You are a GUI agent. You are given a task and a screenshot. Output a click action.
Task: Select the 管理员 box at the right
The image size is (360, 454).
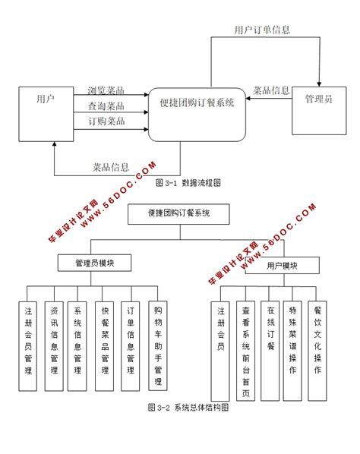(317, 100)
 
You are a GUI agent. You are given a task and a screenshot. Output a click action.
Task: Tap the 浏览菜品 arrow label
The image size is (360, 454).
(106, 91)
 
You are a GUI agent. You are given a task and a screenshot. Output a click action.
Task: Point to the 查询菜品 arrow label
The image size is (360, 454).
(106, 106)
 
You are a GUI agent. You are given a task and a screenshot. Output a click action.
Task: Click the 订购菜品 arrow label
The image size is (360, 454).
(106, 121)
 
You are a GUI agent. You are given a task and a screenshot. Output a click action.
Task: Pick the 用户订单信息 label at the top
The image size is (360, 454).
(261, 30)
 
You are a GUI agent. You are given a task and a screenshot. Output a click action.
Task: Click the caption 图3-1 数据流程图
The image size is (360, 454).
(188, 183)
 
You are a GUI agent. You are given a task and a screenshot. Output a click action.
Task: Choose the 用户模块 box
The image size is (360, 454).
(281, 266)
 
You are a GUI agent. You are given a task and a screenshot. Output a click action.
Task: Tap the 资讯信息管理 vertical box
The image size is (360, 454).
(53, 342)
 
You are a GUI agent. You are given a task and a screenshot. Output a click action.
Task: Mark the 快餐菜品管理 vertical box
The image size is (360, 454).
(105, 342)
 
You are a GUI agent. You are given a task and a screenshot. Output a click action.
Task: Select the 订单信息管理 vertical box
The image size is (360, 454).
(131, 342)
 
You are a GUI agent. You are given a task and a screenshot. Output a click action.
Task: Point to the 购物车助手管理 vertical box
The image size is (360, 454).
(158, 342)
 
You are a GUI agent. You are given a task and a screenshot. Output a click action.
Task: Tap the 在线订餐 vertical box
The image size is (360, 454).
(270, 342)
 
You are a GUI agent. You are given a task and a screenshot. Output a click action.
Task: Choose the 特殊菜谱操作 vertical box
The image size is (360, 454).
(294, 342)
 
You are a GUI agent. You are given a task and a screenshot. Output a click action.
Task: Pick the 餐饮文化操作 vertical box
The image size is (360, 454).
(318, 342)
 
